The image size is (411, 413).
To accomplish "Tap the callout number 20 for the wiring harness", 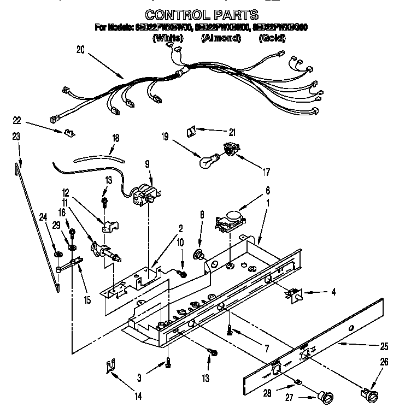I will [x=80, y=49].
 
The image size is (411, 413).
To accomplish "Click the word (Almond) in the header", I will [x=221, y=38].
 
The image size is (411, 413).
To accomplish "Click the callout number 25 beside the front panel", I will [x=384, y=346].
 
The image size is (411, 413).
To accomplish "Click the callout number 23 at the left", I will [x=16, y=137].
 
